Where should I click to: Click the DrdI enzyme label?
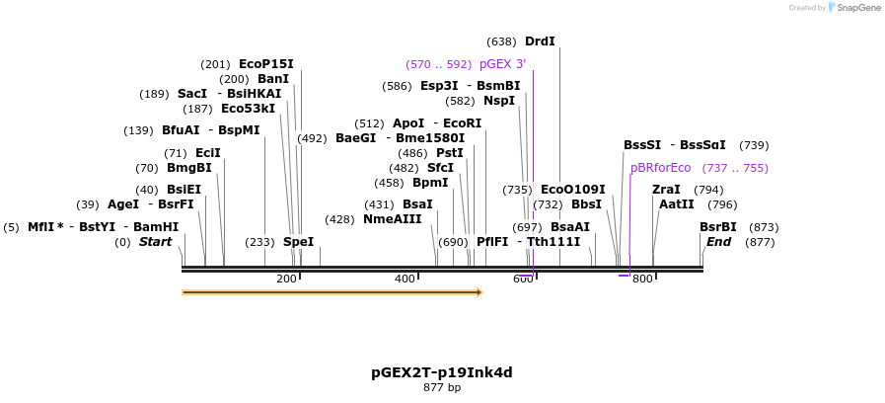pyautogui.click(x=540, y=41)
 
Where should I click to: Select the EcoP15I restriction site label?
pyautogui.click(x=265, y=64)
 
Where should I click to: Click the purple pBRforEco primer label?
pyautogui.click(x=660, y=168)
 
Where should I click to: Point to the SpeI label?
pyautogui.click(x=298, y=242)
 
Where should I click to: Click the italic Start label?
pyautogui.click(x=155, y=242)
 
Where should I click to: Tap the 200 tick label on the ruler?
pyautogui.click(x=286, y=280)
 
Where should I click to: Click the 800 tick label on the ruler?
pyautogui.click(x=642, y=280)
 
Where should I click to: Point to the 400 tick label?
pyautogui.click(x=405, y=280)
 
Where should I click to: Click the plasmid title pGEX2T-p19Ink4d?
pyautogui.click(x=441, y=372)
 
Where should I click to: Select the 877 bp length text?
pyautogui.click(x=441, y=388)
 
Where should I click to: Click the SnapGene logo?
pyautogui.click(x=854, y=7)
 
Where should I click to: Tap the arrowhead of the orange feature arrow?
pyautogui.click(x=479, y=292)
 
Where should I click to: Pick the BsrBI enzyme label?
pyautogui.click(x=717, y=227)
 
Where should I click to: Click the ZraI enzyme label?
pyautogui.click(x=666, y=190)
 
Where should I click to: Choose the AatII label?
pyautogui.click(x=676, y=204)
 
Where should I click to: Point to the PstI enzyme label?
pyautogui.click(x=449, y=153)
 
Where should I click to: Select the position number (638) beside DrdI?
pyautogui.click(x=501, y=41)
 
